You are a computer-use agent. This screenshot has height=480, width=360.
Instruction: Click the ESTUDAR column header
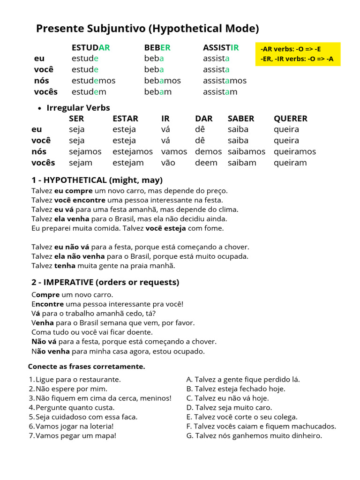tap(90, 47)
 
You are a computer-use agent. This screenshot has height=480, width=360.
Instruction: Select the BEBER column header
tap(157, 47)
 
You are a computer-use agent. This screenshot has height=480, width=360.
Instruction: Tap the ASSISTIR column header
tap(221, 47)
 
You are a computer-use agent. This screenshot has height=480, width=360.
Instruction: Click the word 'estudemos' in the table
tap(93, 81)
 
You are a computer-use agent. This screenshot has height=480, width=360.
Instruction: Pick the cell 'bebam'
tap(157, 92)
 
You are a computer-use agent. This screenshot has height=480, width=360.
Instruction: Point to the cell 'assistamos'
tap(225, 81)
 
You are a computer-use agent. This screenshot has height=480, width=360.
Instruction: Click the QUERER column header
tap(291, 119)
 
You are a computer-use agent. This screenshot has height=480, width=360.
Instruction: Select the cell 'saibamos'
tap(246, 151)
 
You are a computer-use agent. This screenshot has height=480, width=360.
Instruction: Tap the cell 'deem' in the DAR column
tap(206, 163)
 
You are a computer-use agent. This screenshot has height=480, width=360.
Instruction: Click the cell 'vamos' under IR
tap(174, 151)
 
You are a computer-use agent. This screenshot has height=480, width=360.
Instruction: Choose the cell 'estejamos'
tap(133, 151)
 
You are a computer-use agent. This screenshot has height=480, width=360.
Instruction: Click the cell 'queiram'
tap(290, 163)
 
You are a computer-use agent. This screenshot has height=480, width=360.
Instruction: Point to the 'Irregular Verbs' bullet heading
tap(78, 108)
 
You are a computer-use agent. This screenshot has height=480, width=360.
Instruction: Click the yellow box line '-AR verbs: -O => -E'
tap(291, 49)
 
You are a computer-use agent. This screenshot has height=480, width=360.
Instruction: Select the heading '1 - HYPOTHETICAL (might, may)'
tap(97, 180)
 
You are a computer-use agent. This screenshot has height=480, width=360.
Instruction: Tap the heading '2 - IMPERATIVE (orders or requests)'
tap(105, 282)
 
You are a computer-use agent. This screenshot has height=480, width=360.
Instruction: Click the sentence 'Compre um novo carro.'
tap(72, 295)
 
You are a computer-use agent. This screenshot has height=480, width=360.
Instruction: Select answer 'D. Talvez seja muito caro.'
tap(229, 408)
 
